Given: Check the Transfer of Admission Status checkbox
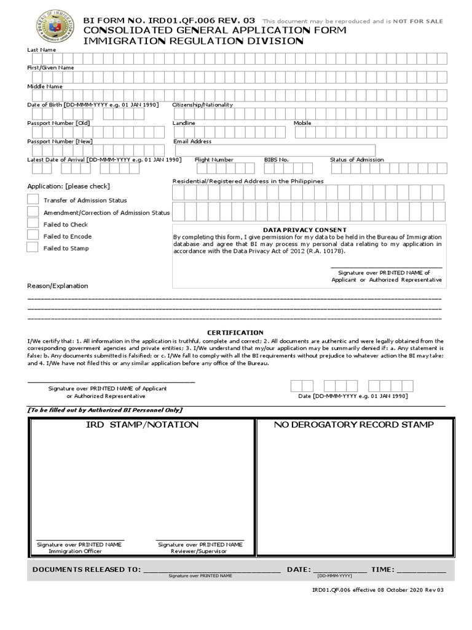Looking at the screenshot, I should pyautogui.click(x=33, y=199).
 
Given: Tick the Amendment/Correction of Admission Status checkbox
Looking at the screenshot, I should pyautogui.click(x=33, y=212).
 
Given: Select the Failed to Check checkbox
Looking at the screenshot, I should pyautogui.click(x=33, y=224).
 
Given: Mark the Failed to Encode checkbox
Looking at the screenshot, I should pyautogui.click(x=33, y=236).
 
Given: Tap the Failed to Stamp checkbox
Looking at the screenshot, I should pyautogui.click(x=33, y=247).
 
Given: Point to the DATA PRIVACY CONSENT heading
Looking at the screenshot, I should pyautogui.click(x=305, y=230).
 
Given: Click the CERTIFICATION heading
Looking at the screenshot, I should pyautogui.click(x=235, y=333).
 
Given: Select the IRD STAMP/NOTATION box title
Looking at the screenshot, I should pyautogui.click(x=141, y=425).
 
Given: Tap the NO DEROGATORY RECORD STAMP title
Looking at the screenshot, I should pyautogui.click(x=354, y=425).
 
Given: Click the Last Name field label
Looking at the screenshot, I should pyautogui.click(x=41, y=49).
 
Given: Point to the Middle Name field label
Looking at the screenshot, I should pyautogui.click(x=44, y=87).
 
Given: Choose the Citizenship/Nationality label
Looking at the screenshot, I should pyautogui.click(x=203, y=105).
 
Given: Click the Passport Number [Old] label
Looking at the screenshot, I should pyautogui.click(x=58, y=123).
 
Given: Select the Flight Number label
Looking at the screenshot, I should pyautogui.click(x=214, y=159).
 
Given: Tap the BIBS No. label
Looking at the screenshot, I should pyautogui.click(x=277, y=159).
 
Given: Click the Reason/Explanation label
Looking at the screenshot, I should pyautogui.click(x=58, y=285).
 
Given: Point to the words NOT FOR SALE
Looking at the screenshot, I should pyautogui.click(x=420, y=22).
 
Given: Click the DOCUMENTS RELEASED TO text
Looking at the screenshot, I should pyautogui.click(x=87, y=570).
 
